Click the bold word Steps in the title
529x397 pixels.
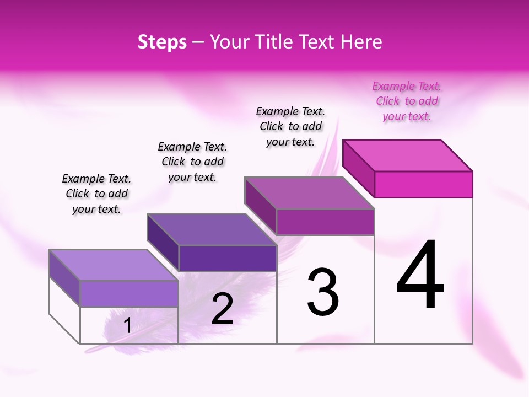[x=162, y=42]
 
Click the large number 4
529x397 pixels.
[x=420, y=275]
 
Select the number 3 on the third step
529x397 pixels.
[x=323, y=292]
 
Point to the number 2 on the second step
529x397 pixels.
[x=222, y=309]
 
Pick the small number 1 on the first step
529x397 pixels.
[x=127, y=326]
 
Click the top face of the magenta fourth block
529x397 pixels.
[x=408, y=155]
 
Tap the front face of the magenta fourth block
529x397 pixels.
[x=423, y=184]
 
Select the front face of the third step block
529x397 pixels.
[x=325, y=222]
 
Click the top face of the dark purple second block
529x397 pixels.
[x=212, y=229]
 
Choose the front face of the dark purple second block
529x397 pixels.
[x=228, y=258]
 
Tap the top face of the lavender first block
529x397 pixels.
[x=114, y=265]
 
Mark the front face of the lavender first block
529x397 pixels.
[x=129, y=293]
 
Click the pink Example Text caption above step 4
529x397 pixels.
[x=407, y=101]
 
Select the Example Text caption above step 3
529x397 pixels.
[x=290, y=127]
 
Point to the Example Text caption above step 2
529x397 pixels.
[x=192, y=162]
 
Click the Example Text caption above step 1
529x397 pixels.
[x=96, y=194]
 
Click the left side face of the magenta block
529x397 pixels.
[x=359, y=168]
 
